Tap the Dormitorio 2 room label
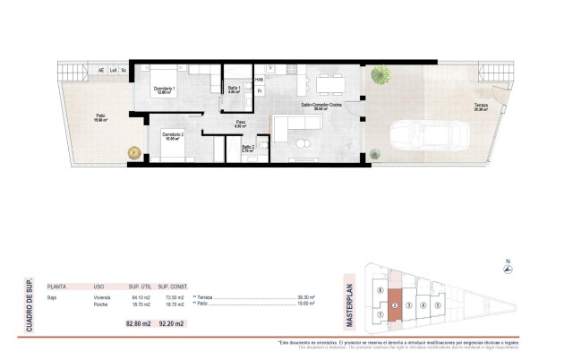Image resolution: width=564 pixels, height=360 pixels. pos(173,135)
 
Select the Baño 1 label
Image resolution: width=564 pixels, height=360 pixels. pos(234,89)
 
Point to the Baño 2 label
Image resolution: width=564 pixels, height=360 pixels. pos(248,148)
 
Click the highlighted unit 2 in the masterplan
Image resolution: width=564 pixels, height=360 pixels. pos(394,306)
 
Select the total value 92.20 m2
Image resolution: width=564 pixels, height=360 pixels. pos(172,321)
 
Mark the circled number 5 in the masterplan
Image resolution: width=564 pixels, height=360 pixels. pos(438,304)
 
